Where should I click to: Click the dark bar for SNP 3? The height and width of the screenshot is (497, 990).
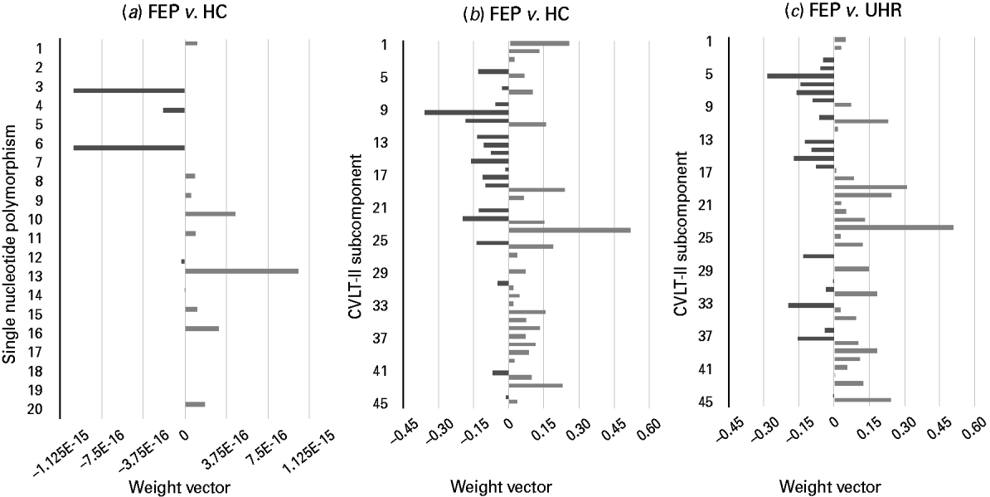tap(129, 90)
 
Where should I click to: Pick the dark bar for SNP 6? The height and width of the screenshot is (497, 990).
tap(129, 148)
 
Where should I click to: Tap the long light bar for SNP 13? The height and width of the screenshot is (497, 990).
tap(241, 271)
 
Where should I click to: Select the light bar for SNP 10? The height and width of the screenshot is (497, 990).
tap(210, 214)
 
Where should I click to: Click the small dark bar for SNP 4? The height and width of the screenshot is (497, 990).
tap(173, 110)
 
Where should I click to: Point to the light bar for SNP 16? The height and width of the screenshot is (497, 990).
tap(201, 329)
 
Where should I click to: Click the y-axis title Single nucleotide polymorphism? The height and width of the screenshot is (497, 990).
tap(11, 245)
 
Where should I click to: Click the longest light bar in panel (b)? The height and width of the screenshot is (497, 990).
tap(570, 230)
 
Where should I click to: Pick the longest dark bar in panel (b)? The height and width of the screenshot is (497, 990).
tap(466, 112)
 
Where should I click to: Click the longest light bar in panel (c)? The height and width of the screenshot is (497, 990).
tap(893, 227)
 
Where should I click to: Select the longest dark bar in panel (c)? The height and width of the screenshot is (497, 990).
tap(800, 76)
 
